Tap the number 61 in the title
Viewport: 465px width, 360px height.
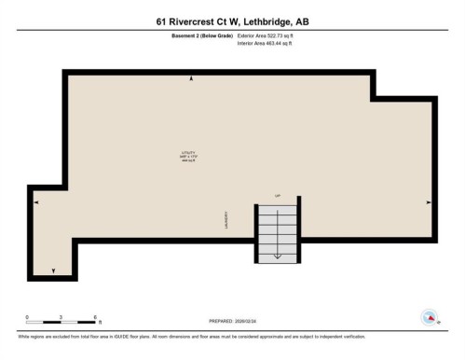point(162,20)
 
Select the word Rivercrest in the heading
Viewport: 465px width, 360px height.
point(198,20)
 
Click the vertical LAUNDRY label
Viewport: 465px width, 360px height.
point(226,220)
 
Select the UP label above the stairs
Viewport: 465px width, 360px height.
point(277,195)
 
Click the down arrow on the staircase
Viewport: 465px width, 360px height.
point(277,254)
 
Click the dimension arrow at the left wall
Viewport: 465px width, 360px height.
point(36,201)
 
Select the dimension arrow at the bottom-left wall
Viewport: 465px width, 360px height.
point(53,270)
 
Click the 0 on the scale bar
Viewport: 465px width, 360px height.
point(27,317)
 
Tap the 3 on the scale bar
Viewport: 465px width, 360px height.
point(61,317)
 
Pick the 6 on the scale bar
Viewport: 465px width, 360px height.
point(95,317)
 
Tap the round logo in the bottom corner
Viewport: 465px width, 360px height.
point(431,318)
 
